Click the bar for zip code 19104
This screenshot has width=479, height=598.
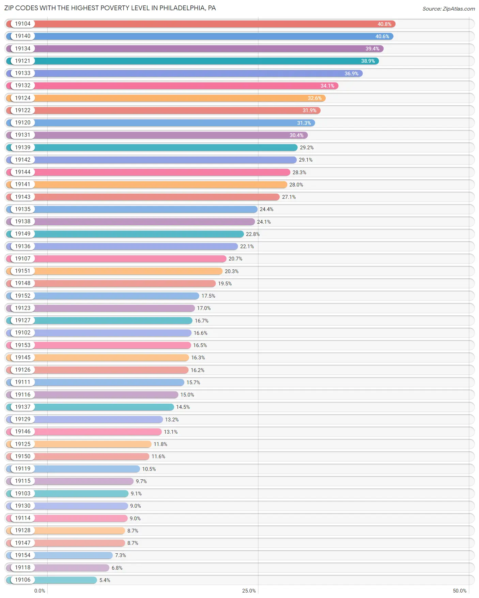tap(215, 24)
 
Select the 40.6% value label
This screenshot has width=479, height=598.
tap(382, 36)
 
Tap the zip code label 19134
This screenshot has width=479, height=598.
tap(22, 49)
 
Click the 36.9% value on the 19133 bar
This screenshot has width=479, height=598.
tap(351, 74)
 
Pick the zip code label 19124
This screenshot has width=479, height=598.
tap(22, 98)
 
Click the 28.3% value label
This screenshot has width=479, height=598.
tap(299, 173)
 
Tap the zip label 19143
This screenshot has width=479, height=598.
tap(22, 197)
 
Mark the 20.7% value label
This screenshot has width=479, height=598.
tap(235, 259)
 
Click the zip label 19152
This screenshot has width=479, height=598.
tap(22, 296)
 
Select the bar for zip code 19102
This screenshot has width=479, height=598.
tap(112, 333)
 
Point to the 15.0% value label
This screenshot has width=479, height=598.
tap(187, 395)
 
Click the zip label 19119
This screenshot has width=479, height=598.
tap(22, 469)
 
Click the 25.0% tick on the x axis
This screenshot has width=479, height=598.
tap(249, 591)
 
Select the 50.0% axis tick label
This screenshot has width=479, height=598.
tap(460, 591)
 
